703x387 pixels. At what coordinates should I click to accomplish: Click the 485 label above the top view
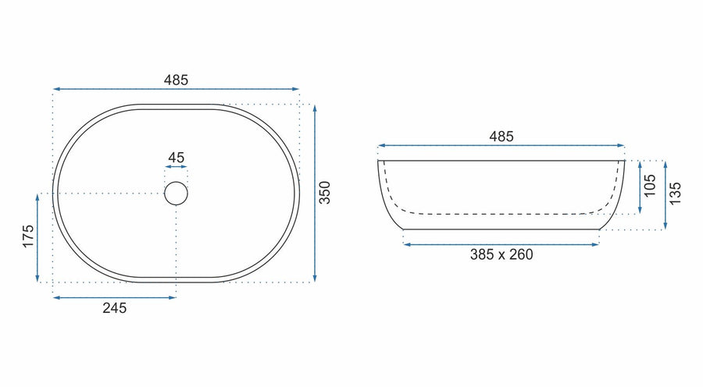tap(176, 80)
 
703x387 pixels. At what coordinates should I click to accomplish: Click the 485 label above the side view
tap(501, 137)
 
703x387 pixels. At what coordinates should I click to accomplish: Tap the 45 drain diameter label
tap(177, 158)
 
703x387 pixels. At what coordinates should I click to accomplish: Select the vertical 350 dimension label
tap(324, 193)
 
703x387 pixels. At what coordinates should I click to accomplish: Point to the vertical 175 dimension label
tap(28, 236)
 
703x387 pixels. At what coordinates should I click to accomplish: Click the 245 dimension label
tap(114, 308)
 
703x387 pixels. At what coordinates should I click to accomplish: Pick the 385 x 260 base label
tap(501, 254)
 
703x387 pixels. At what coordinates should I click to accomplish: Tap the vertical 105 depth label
tap(650, 186)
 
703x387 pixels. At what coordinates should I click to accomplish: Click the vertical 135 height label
tap(675, 193)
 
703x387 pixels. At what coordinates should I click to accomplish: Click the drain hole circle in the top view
tap(177, 183)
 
